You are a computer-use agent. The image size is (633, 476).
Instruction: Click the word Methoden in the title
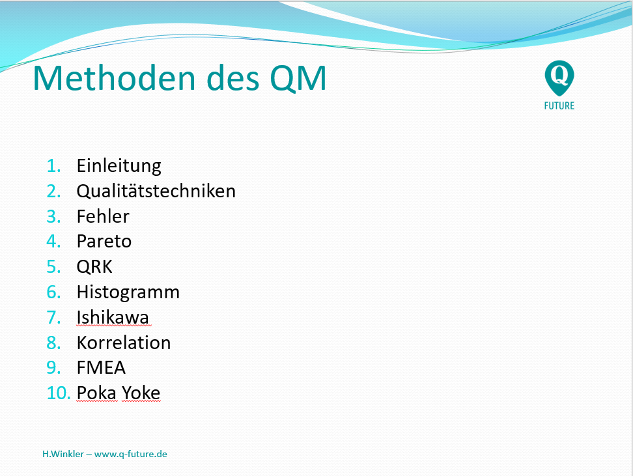click(x=114, y=78)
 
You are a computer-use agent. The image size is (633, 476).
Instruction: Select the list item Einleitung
click(x=119, y=166)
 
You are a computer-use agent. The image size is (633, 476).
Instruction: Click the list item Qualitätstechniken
click(x=156, y=191)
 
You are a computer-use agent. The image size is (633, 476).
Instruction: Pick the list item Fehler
click(x=103, y=216)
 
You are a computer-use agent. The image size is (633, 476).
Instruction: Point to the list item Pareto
click(x=104, y=242)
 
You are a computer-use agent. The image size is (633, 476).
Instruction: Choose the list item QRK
click(x=94, y=267)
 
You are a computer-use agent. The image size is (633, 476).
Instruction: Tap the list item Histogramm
click(x=128, y=292)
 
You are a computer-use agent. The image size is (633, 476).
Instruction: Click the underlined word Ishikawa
click(x=113, y=317)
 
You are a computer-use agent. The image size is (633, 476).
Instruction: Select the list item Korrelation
click(x=124, y=343)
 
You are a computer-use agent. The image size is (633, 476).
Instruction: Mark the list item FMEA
click(x=101, y=368)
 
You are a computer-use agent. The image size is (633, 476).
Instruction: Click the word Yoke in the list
click(x=141, y=393)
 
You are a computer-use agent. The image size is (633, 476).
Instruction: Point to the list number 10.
click(x=58, y=393)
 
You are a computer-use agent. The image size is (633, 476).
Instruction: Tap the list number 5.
click(x=53, y=267)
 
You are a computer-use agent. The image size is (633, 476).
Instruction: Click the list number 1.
click(x=53, y=166)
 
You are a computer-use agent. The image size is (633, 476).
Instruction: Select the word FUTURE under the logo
click(x=559, y=105)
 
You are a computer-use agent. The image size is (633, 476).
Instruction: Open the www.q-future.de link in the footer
click(x=130, y=455)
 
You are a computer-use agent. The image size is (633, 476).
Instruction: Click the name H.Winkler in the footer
click(x=63, y=454)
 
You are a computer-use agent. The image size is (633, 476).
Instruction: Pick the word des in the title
click(x=232, y=78)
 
